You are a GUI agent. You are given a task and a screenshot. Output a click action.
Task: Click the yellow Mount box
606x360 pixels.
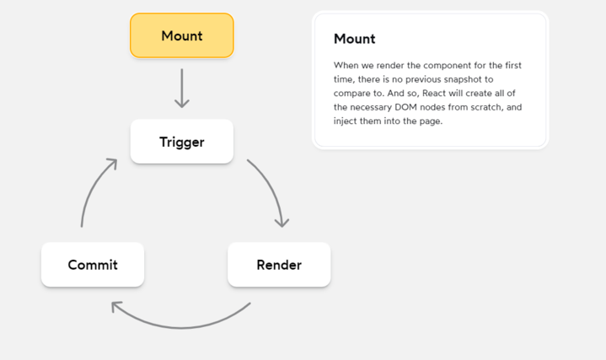(181, 35)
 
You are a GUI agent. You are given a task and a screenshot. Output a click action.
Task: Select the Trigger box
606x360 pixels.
(181, 142)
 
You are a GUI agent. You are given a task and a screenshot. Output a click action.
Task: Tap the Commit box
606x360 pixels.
(93, 265)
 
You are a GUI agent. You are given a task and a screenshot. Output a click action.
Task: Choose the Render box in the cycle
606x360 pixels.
(279, 265)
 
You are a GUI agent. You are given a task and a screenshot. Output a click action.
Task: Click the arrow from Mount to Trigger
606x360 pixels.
(181, 89)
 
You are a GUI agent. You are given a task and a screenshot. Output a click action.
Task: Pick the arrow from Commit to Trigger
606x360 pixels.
(94, 189)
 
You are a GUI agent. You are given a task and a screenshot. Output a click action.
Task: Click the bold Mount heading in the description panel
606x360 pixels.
(354, 39)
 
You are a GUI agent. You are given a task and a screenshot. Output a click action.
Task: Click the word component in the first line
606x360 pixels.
(439, 65)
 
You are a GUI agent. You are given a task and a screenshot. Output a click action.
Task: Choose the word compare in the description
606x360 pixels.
(353, 93)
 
